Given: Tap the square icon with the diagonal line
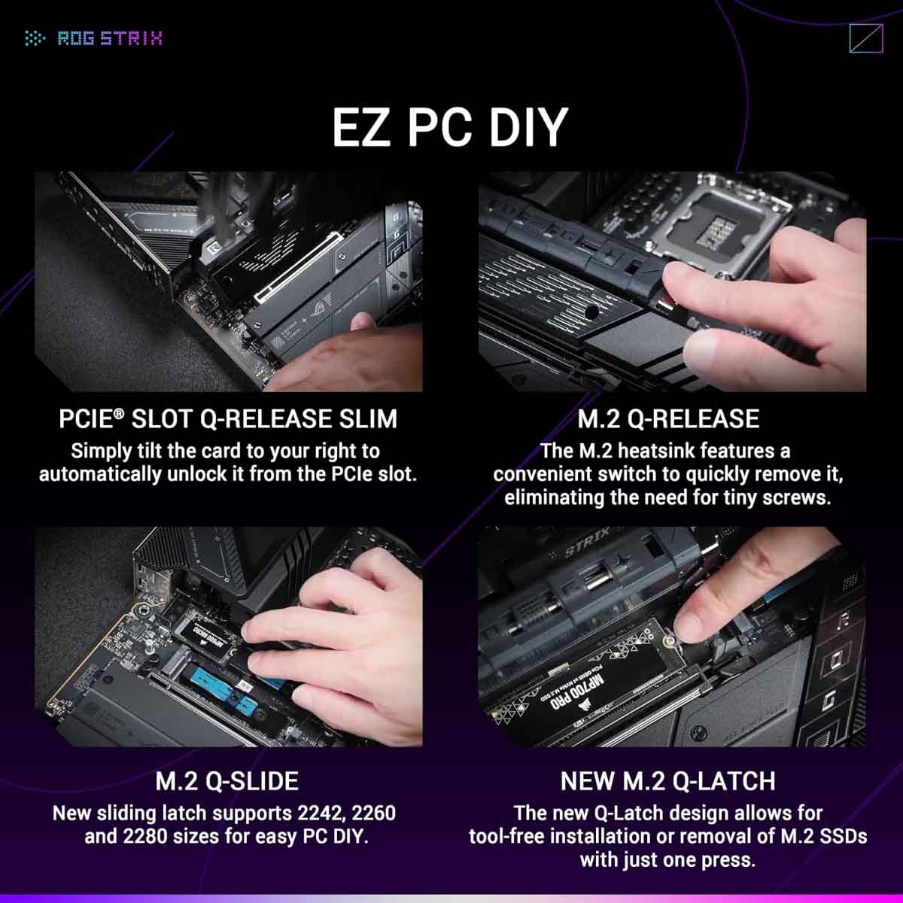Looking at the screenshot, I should click(865, 38).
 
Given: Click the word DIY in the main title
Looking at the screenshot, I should click(524, 127).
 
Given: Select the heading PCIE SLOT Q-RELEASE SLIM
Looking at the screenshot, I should click(228, 419).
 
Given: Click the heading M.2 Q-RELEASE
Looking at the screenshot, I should click(668, 419).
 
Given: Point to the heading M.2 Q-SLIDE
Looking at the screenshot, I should click(227, 781).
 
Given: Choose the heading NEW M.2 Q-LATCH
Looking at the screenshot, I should click(667, 781).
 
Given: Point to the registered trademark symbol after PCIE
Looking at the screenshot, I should click(119, 413).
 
